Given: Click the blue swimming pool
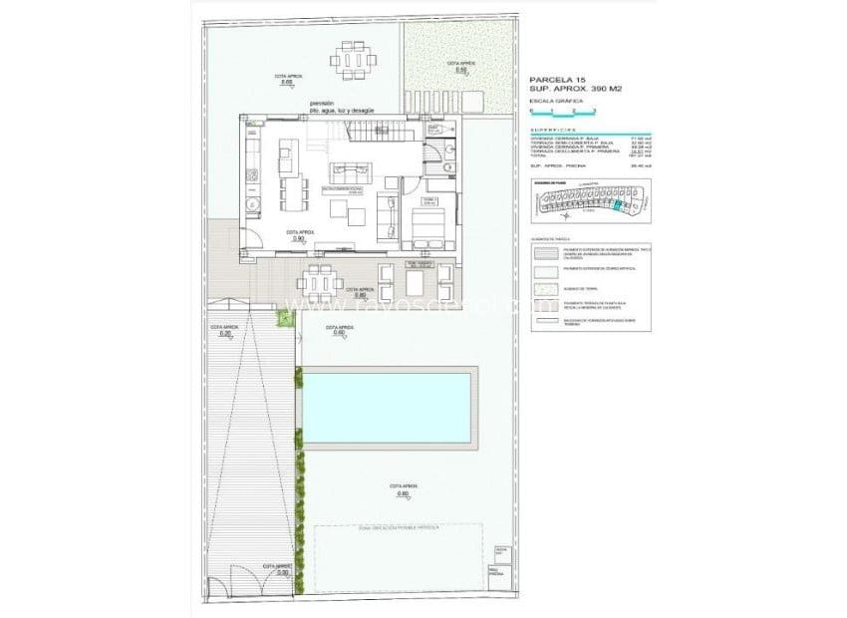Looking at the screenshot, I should coord(386,409).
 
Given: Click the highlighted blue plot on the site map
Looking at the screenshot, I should coord(617,206).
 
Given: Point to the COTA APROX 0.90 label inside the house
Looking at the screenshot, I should coord(298,236).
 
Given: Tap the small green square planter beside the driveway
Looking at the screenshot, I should coord(283,318).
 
